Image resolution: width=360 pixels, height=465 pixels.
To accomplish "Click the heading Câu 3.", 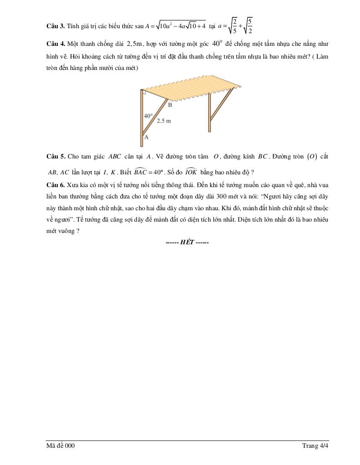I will coord(56,26).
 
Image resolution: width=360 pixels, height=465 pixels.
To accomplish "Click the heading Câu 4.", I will coord(56,44).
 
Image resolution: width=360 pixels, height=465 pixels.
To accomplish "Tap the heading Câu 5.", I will coord(56,157).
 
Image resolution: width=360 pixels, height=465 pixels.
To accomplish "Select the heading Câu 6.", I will coord(56,185).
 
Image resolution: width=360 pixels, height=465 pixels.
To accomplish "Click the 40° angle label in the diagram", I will coord(148,116).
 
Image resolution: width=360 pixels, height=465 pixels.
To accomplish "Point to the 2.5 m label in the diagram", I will coord(164,121).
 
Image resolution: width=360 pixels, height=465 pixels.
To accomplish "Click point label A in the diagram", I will coord(146,136).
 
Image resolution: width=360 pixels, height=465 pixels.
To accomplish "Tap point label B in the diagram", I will coord(170,105).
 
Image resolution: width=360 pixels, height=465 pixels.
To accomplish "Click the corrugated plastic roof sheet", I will coord(191,88).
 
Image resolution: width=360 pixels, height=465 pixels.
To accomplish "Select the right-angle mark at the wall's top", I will coord(144,93).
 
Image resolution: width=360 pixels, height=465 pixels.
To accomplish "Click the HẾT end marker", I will coord(187,242).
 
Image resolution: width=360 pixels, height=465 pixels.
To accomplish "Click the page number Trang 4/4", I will coord(315,446).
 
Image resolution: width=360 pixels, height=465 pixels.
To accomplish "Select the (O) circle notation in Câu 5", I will coord(311,157).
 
